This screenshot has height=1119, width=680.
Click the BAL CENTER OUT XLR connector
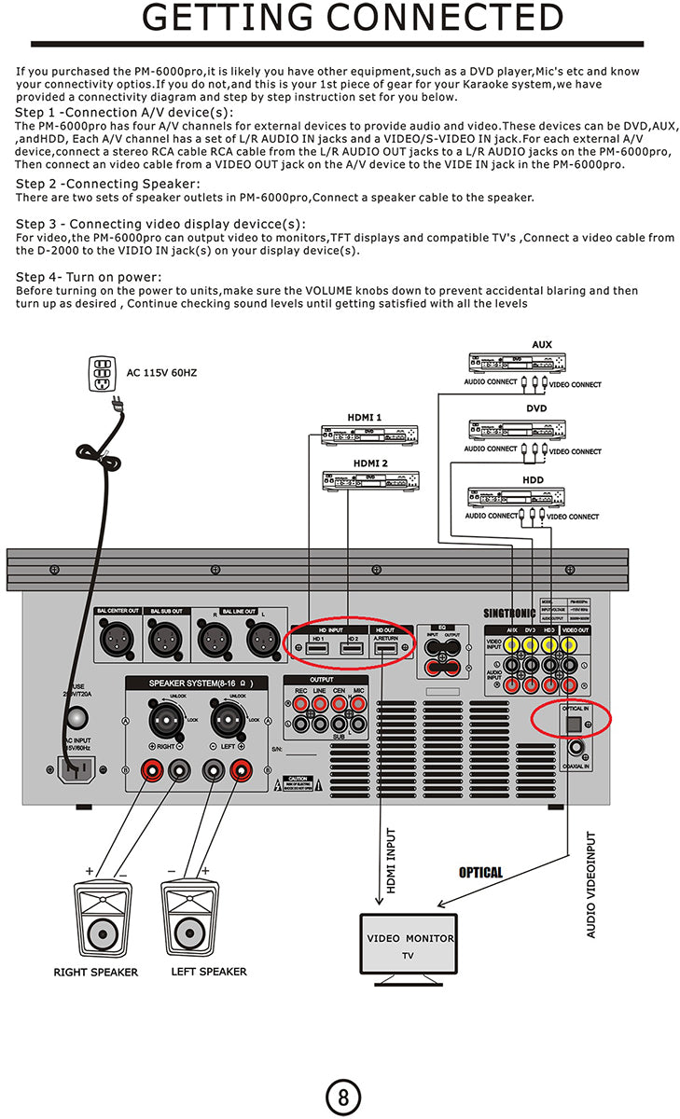coord(118,642)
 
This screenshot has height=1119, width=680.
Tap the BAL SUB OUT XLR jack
coord(168,642)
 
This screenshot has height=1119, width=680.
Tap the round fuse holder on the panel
coord(76,717)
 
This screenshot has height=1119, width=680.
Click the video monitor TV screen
coord(409,944)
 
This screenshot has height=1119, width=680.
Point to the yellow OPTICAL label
coord(480,873)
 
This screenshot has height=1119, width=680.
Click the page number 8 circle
coord(342,1097)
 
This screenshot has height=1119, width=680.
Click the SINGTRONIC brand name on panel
coord(509,614)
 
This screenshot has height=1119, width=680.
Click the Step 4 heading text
coord(89,278)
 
